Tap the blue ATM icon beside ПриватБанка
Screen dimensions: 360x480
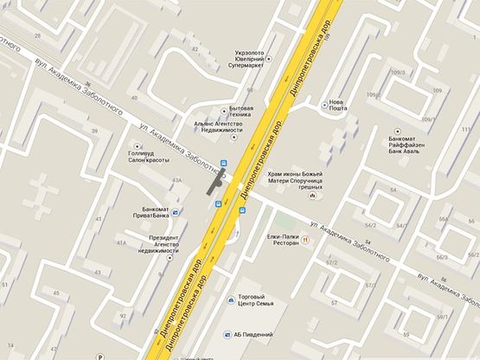coord(177,211)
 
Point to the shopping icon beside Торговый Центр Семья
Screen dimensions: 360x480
coord(230,300)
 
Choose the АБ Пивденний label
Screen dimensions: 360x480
coord(253,334)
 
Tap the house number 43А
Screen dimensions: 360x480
coord(177,179)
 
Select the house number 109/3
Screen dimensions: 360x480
coord(400,72)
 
